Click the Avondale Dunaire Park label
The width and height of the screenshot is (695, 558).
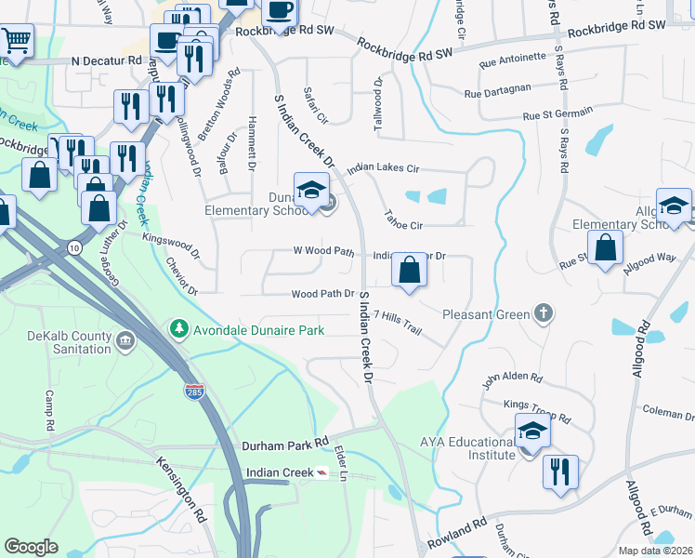257,329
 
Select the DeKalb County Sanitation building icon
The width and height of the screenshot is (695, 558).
125,343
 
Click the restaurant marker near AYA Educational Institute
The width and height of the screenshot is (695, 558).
560,472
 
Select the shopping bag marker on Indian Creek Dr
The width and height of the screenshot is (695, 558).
409,271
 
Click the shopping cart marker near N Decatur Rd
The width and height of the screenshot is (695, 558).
15,41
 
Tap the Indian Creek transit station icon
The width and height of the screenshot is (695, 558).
321,473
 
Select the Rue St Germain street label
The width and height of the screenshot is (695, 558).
557,115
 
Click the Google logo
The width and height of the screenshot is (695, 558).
31,547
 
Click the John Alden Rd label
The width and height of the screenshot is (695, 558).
511,378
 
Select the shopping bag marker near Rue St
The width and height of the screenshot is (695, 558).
605,248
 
